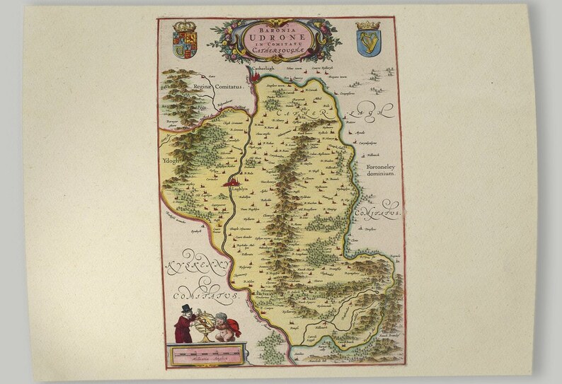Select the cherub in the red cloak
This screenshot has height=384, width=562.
point(226,326)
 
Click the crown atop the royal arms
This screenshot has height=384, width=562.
point(185,25)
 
